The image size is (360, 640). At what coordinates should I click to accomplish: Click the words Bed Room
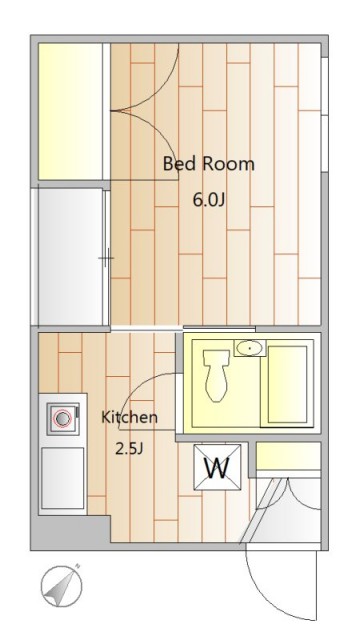click(x=209, y=164)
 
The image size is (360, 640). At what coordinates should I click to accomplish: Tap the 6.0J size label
click(x=209, y=200)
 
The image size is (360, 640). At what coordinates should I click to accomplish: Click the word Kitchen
click(x=129, y=418)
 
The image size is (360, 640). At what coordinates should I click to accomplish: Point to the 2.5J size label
click(x=129, y=449)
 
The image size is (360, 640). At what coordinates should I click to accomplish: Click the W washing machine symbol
click(x=217, y=467)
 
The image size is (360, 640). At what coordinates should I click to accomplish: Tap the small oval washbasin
click(x=250, y=348)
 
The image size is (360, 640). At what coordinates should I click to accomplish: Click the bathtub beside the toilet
click(x=288, y=384)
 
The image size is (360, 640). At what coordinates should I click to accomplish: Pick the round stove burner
click(x=62, y=419)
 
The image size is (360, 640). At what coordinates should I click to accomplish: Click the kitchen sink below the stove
click(x=62, y=478)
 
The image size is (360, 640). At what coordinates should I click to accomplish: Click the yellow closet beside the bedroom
click(x=70, y=111)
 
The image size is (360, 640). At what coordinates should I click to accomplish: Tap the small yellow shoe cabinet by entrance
click(x=288, y=456)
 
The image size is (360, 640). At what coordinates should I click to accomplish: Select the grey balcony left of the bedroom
click(x=70, y=257)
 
